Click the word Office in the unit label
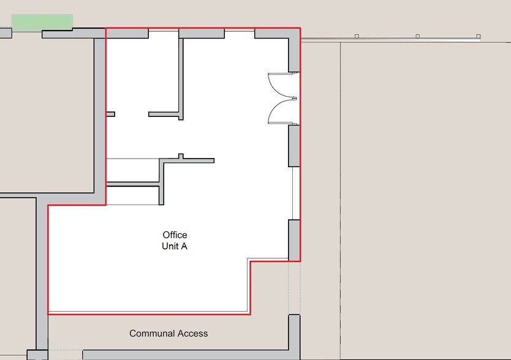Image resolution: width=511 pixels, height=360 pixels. pyautogui.click(x=175, y=235)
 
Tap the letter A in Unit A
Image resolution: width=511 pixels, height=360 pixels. pyautogui.click(x=184, y=246)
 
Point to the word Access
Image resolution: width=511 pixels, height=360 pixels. pyautogui.click(x=192, y=333)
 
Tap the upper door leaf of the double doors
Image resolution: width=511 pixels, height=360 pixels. pyautogui.click(x=281, y=84)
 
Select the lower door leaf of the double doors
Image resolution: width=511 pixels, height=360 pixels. pyautogui.click(x=281, y=112)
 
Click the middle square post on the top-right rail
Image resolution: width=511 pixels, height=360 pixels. pyautogui.click(x=417, y=36)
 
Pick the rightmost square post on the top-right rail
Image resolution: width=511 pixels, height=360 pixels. pyautogui.click(x=478, y=36)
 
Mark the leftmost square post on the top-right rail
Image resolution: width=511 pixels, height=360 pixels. pyautogui.click(x=357, y=36)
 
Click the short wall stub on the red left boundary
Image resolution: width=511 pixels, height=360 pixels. pyautogui.click(x=110, y=114)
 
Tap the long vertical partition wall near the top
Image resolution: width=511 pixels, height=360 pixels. pyautogui.click(x=181, y=79)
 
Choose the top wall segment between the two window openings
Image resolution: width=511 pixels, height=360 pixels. pyautogui.click(x=202, y=33)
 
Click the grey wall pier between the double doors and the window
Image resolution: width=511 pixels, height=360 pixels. pyautogui.click(x=294, y=146)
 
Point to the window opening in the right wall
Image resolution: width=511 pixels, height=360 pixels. pyautogui.click(x=296, y=193)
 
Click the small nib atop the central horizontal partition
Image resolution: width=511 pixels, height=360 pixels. pyautogui.click(x=181, y=156)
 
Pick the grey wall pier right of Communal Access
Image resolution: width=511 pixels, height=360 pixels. pyautogui.click(x=294, y=332)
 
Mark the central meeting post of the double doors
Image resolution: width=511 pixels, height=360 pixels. pyautogui.click(x=295, y=98)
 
